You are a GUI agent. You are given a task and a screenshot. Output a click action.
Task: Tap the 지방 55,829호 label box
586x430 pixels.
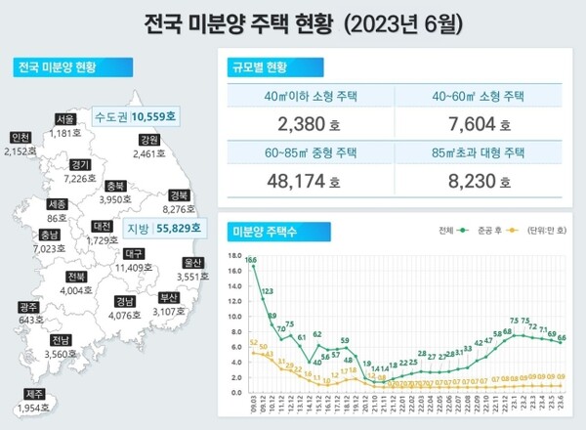click(x=163, y=229)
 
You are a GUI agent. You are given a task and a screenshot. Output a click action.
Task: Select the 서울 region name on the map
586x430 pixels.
click(x=66, y=119)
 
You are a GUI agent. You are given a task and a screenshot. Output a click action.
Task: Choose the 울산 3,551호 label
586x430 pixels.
click(x=194, y=269)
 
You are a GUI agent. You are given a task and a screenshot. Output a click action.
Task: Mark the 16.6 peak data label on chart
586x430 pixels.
click(x=251, y=260)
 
